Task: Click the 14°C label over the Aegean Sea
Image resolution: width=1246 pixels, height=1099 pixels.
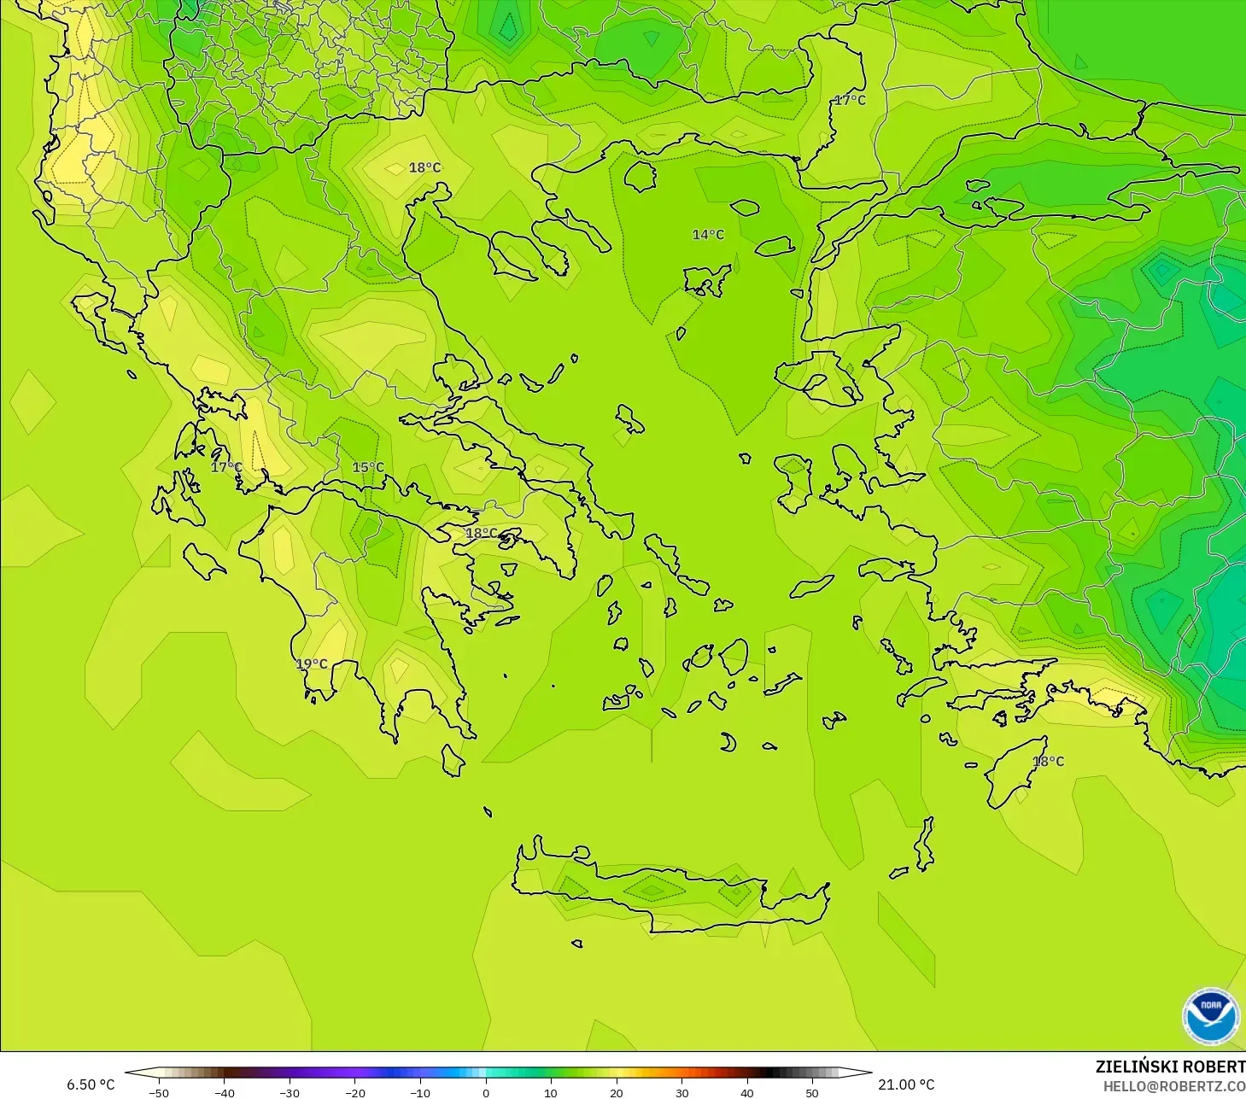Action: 708,235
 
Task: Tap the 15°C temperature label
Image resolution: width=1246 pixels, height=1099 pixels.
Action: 368,467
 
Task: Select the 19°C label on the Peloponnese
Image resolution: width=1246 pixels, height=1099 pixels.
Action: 312,663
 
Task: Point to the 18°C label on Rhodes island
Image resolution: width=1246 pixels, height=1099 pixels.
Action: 1049,761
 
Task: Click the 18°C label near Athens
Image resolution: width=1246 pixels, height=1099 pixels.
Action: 481,533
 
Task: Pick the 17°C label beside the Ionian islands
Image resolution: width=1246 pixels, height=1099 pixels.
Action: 226,467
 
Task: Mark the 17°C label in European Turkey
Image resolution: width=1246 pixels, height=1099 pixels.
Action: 850,100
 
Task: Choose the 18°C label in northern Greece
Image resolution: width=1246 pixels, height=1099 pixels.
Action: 424,167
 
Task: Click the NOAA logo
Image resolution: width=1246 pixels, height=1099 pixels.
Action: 1210,1016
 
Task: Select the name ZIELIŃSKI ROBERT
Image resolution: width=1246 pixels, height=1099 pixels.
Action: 1170,1067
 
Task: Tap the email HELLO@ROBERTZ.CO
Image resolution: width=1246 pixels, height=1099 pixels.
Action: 1173,1086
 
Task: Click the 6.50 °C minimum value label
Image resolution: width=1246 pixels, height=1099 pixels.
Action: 91,1084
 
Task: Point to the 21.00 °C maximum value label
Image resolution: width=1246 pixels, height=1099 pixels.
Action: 906,1084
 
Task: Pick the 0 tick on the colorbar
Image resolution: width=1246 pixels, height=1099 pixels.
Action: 485,1092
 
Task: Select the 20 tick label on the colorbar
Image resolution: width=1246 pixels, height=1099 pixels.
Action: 616,1092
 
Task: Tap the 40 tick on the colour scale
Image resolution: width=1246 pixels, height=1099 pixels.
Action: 746,1092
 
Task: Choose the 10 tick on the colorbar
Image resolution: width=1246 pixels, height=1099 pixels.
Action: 551,1092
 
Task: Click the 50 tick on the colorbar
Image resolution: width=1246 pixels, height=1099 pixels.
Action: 811,1092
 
